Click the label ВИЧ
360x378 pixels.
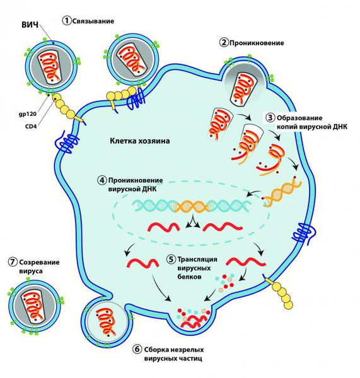tap(30, 25)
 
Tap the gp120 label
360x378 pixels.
tap(28, 114)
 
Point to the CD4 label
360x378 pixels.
tap(31, 126)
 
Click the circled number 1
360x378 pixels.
tap(67, 21)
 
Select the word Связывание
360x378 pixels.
tap(93, 21)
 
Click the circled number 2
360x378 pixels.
tap(224, 43)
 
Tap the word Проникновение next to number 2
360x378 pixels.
tap(257, 43)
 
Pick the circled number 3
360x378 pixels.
tap(270, 118)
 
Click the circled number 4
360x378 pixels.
tap(102, 180)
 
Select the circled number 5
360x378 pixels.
tap(171, 259)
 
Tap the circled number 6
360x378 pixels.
tap(137, 349)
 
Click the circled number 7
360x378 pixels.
tap(13, 262)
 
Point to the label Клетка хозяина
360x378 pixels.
tap(140, 140)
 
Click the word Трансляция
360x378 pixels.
tap(197, 259)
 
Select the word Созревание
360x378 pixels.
tap(39, 262)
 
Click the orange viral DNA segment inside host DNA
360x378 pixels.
tap(192, 207)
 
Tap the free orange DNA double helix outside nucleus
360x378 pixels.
tap(282, 192)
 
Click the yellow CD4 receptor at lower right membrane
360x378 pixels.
tap(281, 292)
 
